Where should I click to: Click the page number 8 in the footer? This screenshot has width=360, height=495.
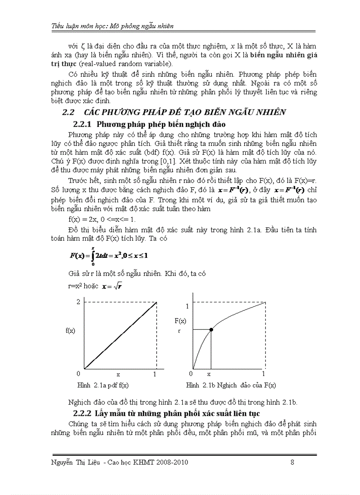[292, 462]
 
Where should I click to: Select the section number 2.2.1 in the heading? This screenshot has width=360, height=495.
[83, 124]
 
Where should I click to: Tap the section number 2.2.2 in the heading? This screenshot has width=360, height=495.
[82, 413]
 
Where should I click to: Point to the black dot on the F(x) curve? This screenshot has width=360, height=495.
[211, 330]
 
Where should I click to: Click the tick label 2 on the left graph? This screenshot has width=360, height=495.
[79, 301]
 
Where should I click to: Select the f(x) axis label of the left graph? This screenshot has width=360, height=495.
[70, 330]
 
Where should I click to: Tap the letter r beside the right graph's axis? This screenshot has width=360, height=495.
[180, 330]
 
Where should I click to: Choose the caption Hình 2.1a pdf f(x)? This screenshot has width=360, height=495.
[103, 385]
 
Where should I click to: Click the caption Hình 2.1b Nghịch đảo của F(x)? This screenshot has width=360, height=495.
[231, 385]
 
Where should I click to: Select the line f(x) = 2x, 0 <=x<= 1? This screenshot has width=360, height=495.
[102, 219]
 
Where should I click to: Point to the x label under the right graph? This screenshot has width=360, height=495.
[209, 374]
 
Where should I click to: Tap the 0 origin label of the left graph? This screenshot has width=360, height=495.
[79, 374]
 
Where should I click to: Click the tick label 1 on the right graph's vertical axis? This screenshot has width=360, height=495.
[187, 306]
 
